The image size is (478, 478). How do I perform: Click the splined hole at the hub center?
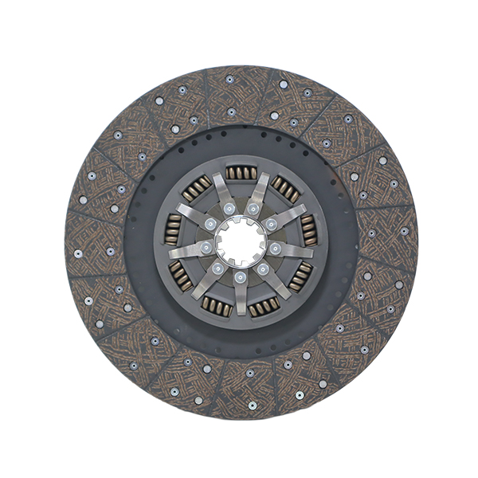(240, 239)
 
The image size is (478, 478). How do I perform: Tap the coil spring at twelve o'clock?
(240, 173)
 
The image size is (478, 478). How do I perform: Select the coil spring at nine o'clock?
(173, 230)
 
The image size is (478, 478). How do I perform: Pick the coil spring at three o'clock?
(309, 231)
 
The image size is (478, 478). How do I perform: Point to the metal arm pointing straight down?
(240, 295)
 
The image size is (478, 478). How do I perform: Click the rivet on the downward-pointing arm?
(240, 276)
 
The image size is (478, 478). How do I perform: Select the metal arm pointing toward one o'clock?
(261, 191)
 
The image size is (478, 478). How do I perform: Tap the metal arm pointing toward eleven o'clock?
(221, 191)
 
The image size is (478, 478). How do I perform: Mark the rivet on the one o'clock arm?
(253, 209)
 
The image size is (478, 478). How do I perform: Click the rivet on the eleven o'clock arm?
(229, 209)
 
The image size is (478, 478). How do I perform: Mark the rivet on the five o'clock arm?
(262, 269)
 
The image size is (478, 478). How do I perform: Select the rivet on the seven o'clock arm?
(217, 269)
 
